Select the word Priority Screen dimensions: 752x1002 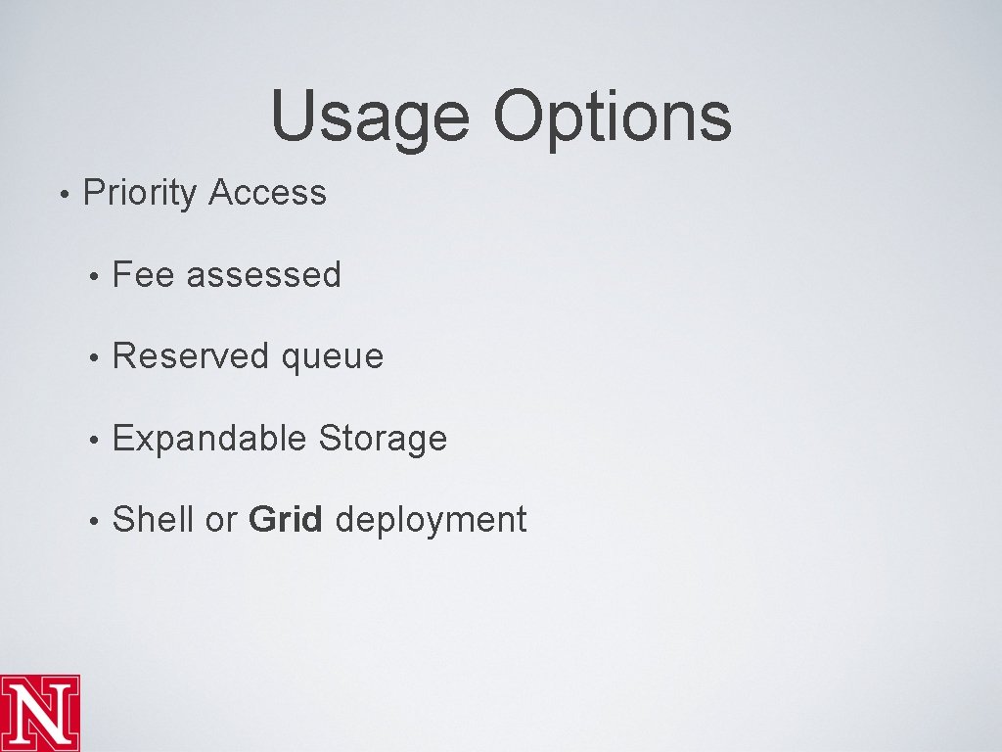click(x=140, y=193)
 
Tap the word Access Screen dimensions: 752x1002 click(x=267, y=193)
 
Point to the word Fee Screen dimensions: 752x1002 click(x=143, y=275)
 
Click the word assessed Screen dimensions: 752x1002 click(x=263, y=275)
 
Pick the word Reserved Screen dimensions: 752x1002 click(x=191, y=356)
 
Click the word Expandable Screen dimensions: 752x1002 click(x=210, y=439)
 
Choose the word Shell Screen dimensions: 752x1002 click(x=154, y=520)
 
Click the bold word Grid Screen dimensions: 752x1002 click(x=286, y=520)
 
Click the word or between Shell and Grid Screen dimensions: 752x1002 click(x=221, y=521)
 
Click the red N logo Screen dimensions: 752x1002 click(x=40, y=713)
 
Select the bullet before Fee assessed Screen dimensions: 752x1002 click(x=92, y=276)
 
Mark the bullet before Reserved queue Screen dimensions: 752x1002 click(x=92, y=357)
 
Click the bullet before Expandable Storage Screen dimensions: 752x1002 click(x=92, y=440)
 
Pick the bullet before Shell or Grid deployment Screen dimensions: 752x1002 click(x=92, y=521)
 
